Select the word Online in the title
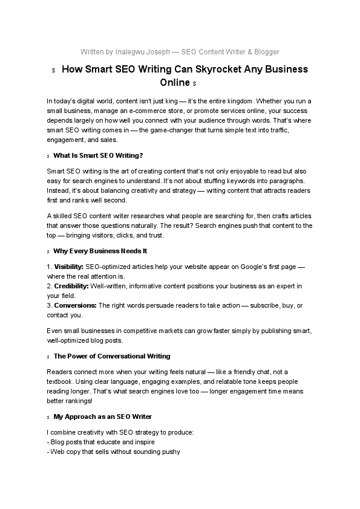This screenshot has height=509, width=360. (x=175, y=82)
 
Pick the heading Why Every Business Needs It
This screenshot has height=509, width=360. (x=100, y=251)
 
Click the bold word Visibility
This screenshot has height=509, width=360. (x=68, y=267)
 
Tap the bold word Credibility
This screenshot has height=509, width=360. (x=71, y=286)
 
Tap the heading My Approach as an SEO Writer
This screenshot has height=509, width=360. (x=103, y=417)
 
